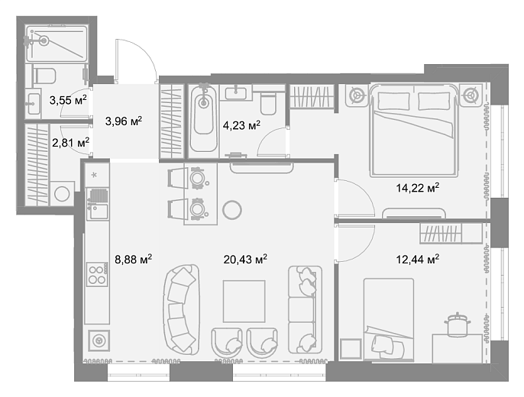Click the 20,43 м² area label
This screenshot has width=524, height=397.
pyautogui.click(x=245, y=259)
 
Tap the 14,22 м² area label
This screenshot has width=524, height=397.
pyautogui.click(x=418, y=188)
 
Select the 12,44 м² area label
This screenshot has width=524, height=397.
pyautogui.click(x=418, y=259)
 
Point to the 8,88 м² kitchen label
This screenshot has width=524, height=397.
pyautogui.click(x=134, y=259)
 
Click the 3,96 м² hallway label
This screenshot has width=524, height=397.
pyautogui.click(x=124, y=121)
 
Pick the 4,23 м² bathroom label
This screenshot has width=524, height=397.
pyautogui.click(x=241, y=126)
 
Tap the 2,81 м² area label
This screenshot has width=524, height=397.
pyautogui.click(x=70, y=144)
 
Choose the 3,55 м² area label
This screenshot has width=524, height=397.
pyautogui.click(x=68, y=100)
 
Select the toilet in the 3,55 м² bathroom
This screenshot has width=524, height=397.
pyautogui.click(x=44, y=76)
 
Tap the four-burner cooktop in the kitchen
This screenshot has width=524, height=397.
pyautogui.click(x=97, y=274)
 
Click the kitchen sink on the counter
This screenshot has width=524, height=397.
pyautogui.click(x=98, y=211)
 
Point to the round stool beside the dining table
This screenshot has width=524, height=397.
pyautogui.click(x=232, y=210)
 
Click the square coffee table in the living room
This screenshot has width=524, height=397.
pyautogui.click(x=244, y=302)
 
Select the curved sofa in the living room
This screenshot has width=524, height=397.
pyautogui.click(x=181, y=309)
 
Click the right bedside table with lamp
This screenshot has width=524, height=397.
pyautogui.click(x=471, y=95)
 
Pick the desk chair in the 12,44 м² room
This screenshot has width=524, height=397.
pyautogui.click(x=458, y=324)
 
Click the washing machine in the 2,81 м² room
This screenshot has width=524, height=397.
pyautogui.click(x=62, y=194)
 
